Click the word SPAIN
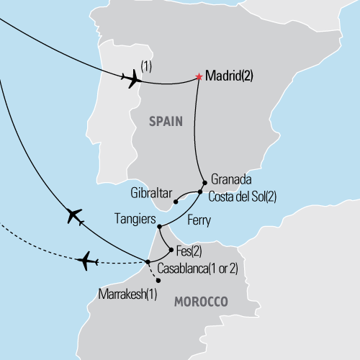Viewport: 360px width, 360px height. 163,123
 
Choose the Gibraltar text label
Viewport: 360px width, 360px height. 150,194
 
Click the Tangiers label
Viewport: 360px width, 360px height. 134,217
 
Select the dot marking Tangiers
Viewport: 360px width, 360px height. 159,226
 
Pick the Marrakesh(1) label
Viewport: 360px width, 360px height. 126,294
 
